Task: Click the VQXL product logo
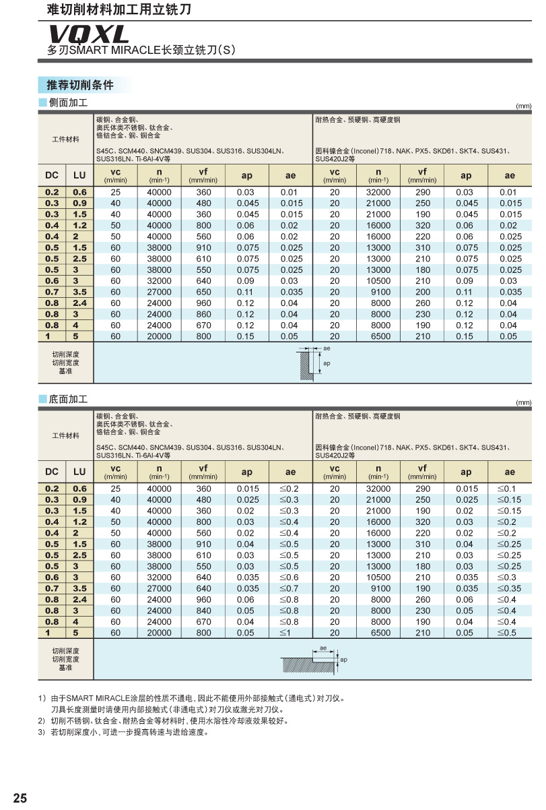[x=88, y=34]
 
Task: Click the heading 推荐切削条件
[x=79, y=85]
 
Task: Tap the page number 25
[x=20, y=799]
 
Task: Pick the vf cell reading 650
[x=203, y=292]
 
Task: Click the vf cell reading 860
[x=203, y=314]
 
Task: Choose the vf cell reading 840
[x=203, y=611]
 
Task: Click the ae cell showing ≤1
[x=291, y=633]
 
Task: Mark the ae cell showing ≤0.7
[x=291, y=588]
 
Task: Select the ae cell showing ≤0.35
[x=510, y=588]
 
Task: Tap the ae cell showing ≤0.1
[x=510, y=489]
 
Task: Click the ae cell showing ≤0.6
[x=291, y=578]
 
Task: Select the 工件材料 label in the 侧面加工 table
[x=66, y=139]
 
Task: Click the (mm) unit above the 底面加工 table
[x=524, y=403]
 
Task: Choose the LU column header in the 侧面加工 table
[x=79, y=175]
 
